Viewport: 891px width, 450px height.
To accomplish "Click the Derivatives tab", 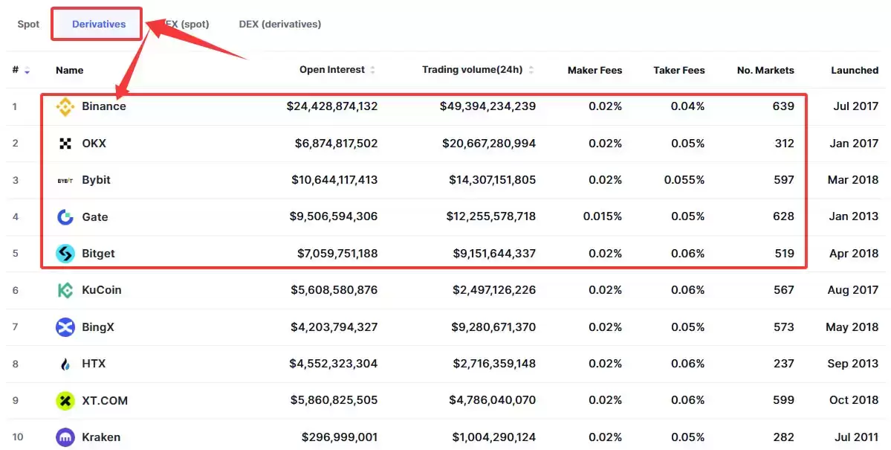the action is [x=99, y=24].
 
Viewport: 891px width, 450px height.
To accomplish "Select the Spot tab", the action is [x=28, y=24].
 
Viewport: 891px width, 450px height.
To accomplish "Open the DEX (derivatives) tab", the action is [x=279, y=24].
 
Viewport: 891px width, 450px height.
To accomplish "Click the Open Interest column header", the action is [x=332, y=69].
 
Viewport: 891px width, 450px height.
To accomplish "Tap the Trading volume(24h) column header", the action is [x=472, y=69].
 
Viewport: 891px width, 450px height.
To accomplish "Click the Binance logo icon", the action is [x=65, y=106].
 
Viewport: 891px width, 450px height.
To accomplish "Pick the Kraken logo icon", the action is [x=65, y=437].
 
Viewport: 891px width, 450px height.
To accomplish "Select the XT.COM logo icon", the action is [x=65, y=400].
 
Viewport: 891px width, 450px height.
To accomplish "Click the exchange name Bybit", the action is [x=96, y=180].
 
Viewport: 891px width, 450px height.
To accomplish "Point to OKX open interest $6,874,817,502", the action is [x=336, y=144].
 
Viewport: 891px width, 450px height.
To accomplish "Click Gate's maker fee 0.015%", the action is [x=603, y=216].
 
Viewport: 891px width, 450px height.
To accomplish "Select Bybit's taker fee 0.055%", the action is [x=684, y=180].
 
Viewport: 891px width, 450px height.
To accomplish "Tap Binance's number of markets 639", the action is [x=783, y=106].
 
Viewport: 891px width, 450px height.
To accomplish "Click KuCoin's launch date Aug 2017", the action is [x=853, y=290].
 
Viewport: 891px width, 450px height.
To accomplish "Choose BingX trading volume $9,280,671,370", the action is [x=493, y=327].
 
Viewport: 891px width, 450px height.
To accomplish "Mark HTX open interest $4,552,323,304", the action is [x=334, y=364].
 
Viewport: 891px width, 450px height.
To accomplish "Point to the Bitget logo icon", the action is [x=65, y=254].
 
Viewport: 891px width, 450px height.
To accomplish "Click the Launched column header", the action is [x=855, y=70].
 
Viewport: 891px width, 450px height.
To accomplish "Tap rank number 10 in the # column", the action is [x=18, y=437].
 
